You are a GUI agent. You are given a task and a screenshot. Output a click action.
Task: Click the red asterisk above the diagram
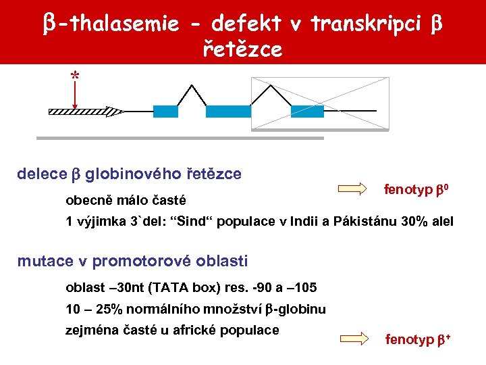coord(74,76)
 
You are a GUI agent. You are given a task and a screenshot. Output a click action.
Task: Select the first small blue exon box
coord(166,112)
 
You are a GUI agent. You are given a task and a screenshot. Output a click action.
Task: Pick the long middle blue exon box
coord(228,112)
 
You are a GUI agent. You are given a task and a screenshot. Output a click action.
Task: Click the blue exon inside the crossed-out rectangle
coord(308,112)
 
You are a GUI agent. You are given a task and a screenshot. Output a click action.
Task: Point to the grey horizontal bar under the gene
coord(180,139)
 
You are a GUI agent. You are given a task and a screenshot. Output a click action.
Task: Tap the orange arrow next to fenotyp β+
coord(357,338)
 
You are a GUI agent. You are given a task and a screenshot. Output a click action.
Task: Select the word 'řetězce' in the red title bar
coord(242,49)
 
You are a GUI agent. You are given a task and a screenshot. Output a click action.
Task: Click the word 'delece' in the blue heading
coord(40,174)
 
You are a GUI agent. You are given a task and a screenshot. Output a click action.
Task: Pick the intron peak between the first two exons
coord(192,87)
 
